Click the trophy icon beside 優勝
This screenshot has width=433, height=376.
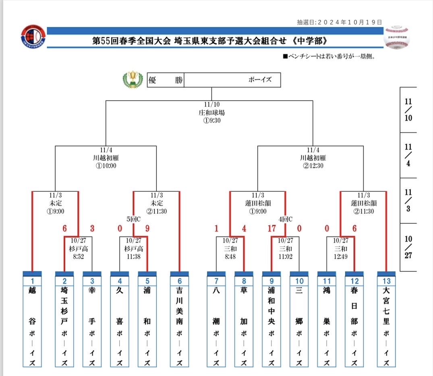[133, 79]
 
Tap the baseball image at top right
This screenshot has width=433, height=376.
[396, 37]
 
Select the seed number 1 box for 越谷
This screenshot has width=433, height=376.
[33, 280]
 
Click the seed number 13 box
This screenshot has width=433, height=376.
[386, 280]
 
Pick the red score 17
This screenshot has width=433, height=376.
[272, 229]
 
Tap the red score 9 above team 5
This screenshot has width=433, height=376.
[147, 229]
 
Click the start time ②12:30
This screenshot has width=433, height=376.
[313, 165]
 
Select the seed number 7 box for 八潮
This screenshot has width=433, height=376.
[216, 280]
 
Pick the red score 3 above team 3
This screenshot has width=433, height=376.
[92, 229]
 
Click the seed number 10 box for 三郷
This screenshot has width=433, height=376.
[299, 280]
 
